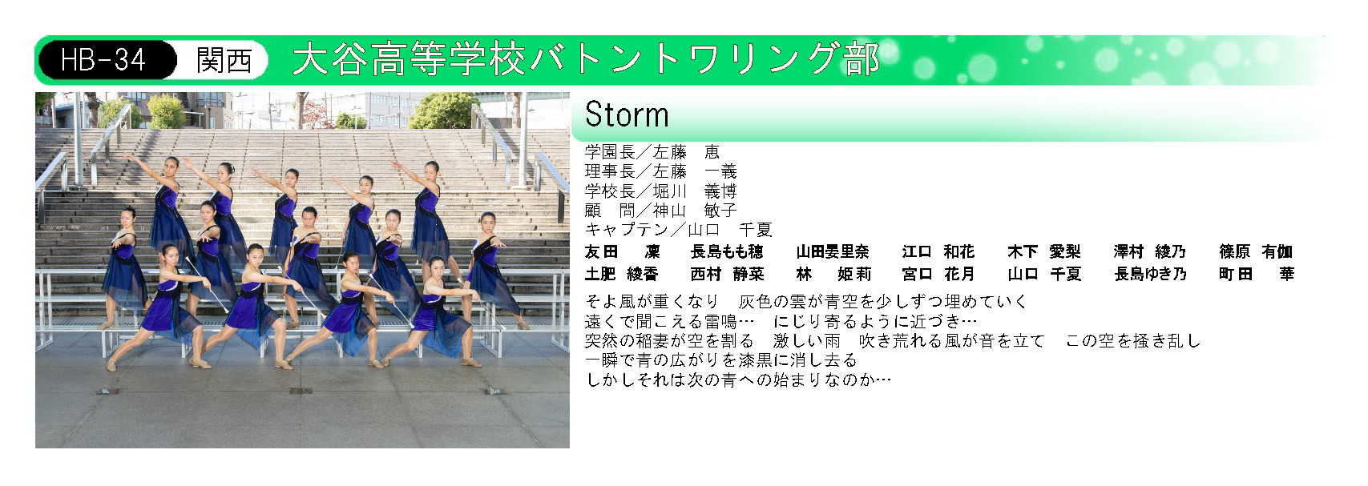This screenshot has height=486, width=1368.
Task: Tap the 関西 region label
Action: [224, 60]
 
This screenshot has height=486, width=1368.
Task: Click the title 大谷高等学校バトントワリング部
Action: [586, 59]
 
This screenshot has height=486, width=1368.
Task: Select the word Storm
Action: [627, 114]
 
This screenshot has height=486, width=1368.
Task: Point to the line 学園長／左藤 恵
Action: [652, 152]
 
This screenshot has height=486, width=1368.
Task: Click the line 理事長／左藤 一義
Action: [661, 171]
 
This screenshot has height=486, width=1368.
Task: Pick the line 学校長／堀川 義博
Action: [661, 191]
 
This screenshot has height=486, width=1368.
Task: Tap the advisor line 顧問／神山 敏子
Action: [661, 211]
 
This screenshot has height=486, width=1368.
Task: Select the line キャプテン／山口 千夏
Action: [679, 230]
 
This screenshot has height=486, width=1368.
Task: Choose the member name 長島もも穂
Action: [727, 252]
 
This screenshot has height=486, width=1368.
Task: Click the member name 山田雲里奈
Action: [833, 252]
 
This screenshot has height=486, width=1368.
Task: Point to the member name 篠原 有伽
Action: [1256, 252]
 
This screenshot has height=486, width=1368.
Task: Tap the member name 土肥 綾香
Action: [621, 275]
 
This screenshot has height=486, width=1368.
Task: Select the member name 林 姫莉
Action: [833, 275]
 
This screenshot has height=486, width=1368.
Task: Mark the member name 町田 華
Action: [1257, 275]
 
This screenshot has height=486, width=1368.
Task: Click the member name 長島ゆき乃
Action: [1150, 275]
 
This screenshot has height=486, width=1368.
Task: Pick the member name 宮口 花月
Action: [938, 275]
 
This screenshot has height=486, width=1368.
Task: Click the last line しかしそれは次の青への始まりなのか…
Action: [738, 380]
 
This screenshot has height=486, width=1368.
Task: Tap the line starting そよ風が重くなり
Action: [806, 301]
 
